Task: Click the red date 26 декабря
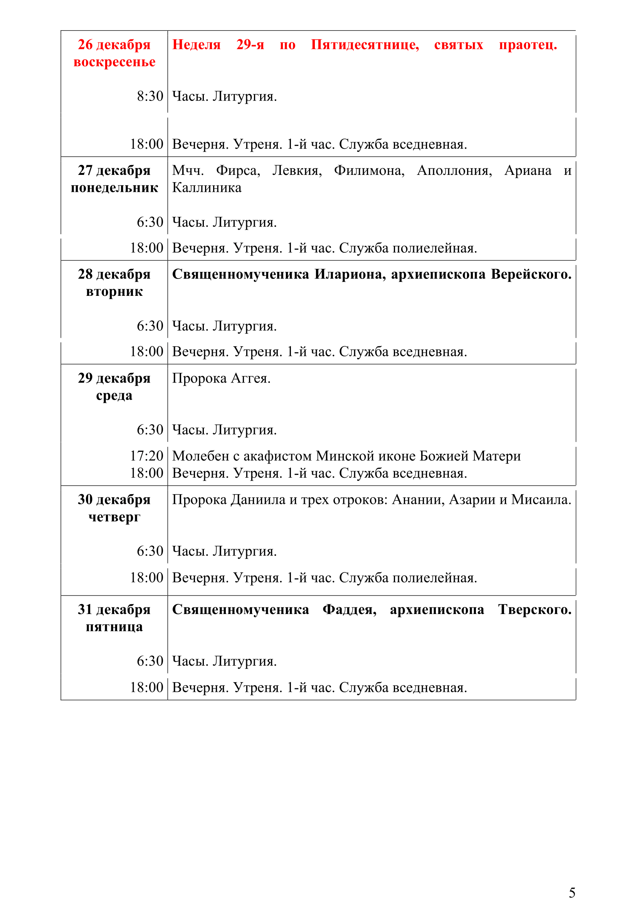click(x=114, y=45)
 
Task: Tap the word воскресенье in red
click(x=114, y=62)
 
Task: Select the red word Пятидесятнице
click(x=365, y=45)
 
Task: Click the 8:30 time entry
click(x=150, y=96)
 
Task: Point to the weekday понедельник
click(x=114, y=188)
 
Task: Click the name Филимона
click(x=369, y=171)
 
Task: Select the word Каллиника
click(x=207, y=188)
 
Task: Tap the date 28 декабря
click(x=114, y=274)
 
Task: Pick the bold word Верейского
click(x=531, y=274)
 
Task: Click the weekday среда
click(x=114, y=396)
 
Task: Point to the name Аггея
click(x=251, y=378)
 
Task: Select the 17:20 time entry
click(x=146, y=456)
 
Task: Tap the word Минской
click(x=342, y=456)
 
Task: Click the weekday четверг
click(x=114, y=517)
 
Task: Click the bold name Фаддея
click(x=349, y=610)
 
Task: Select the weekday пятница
click(x=114, y=627)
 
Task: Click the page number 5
click(x=572, y=893)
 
